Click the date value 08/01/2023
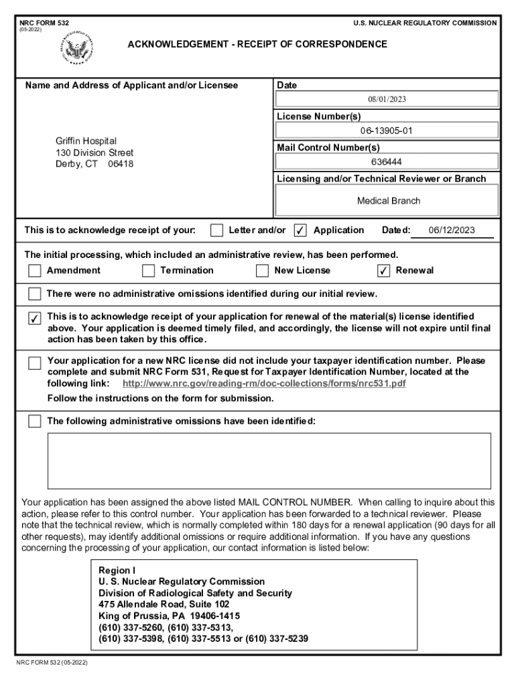387,99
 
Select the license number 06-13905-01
387,131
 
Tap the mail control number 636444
387,161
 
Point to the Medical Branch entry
389,200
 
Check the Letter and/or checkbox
216,230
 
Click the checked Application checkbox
301,230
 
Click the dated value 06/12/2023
452,230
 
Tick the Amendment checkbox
34,271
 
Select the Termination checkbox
148,271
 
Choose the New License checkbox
262,271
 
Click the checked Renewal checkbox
383,271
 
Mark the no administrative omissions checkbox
34,294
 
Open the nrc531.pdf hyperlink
264,383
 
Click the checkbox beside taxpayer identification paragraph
34,363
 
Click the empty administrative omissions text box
268,460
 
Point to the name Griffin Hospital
86,141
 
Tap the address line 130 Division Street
94,153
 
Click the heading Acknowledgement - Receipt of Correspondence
257,44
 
